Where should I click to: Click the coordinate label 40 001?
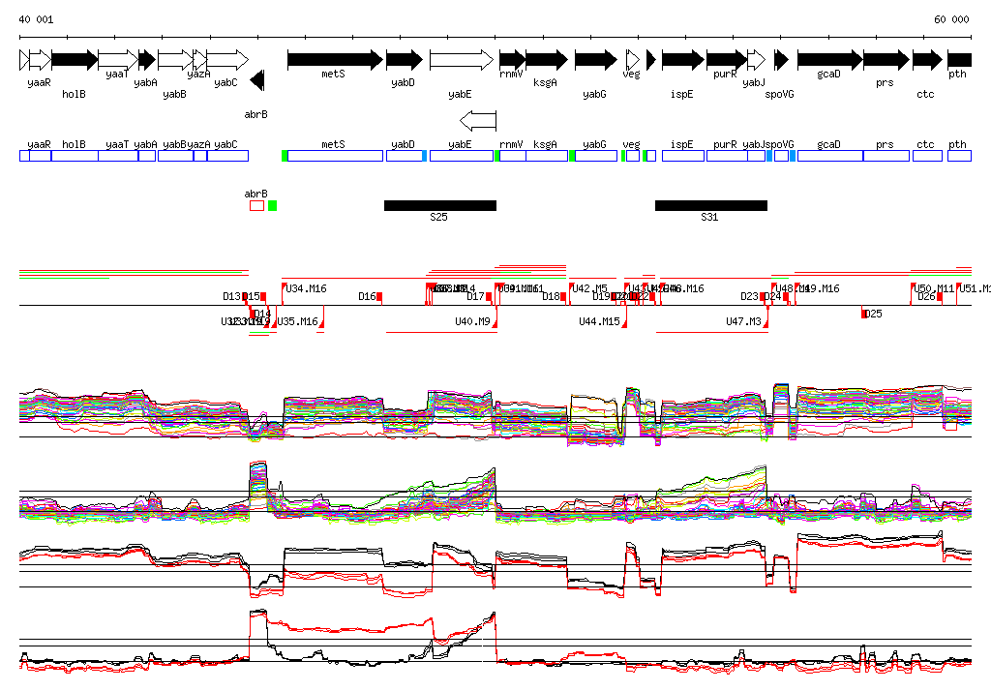[36, 19]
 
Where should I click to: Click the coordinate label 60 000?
[951, 19]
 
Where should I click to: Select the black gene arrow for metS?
[335, 60]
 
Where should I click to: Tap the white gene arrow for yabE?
[462, 60]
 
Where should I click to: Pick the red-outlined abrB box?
[256, 205]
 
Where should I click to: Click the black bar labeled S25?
[439, 205]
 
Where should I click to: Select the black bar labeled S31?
[710, 205]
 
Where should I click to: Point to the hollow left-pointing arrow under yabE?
[477, 120]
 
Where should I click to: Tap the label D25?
[874, 314]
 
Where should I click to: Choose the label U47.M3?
[744, 320]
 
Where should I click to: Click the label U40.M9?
[473, 320]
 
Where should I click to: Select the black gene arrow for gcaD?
[829, 60]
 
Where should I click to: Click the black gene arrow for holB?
[75, 60]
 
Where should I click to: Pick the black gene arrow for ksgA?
[547, 60]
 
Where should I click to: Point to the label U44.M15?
[599, 320]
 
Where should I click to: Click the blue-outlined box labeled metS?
[335, 155]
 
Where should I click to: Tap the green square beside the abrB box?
[273, 205]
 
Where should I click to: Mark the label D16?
[367, 296]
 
